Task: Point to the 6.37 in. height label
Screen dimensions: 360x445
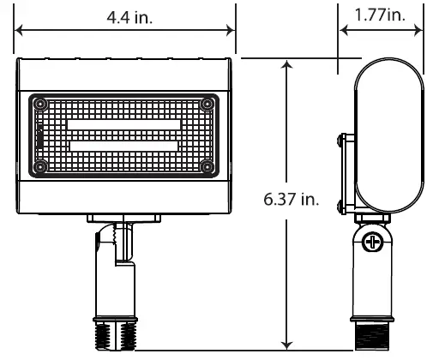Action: pos(292,200)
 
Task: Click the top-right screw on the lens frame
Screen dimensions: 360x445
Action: pos(207,105)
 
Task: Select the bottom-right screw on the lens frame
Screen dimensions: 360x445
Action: pos(207,165)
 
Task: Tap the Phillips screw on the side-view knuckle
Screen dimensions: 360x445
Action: pos(372,242)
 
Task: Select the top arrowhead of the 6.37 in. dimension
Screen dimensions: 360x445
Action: pos(286,65)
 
